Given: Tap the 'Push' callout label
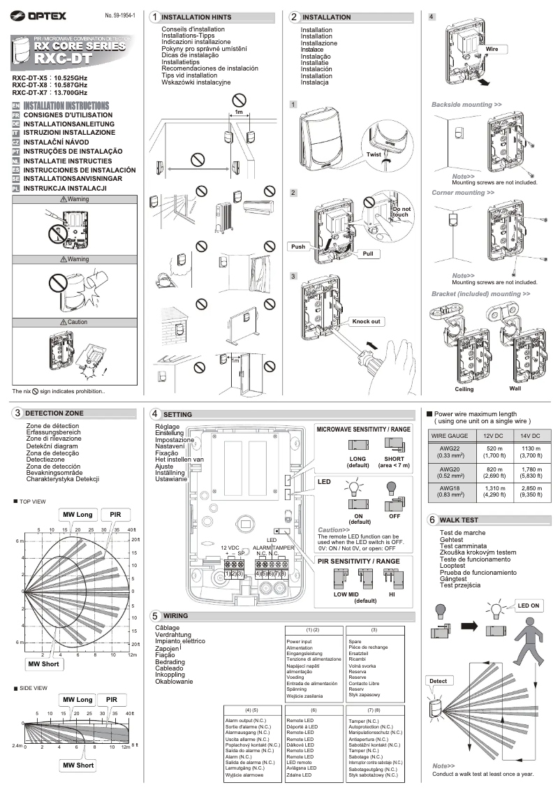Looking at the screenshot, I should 297,247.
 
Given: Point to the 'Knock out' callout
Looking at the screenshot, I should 366,321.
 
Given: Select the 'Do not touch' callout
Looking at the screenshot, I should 401,212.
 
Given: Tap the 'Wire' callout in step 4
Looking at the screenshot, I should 492,50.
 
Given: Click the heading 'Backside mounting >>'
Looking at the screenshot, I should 466,104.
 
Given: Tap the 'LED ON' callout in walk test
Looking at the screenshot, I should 528,605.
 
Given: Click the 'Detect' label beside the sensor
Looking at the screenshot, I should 437,680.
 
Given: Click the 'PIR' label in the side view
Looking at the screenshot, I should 112,699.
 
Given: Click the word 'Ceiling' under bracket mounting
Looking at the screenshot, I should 464,388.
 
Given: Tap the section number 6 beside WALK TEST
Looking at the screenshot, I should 432,520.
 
